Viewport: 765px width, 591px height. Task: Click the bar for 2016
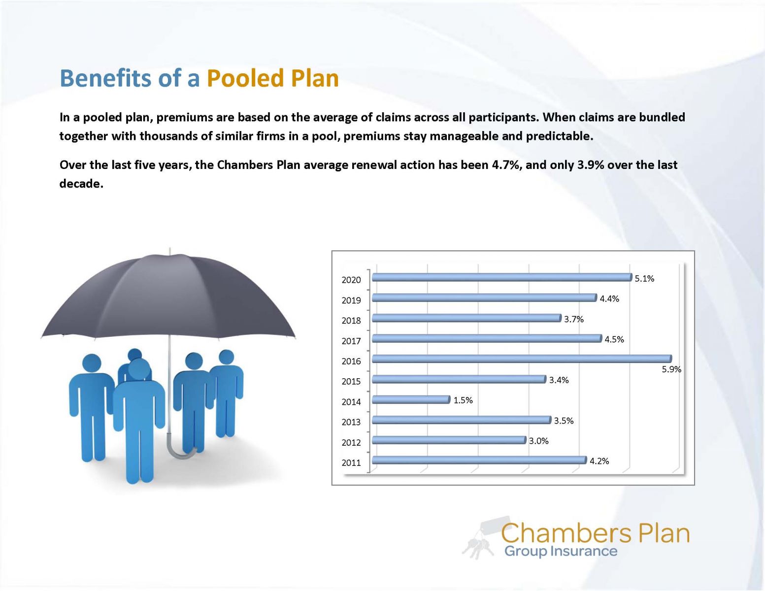(x=521, y=359)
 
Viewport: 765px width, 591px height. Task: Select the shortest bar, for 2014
(x=411, y=399)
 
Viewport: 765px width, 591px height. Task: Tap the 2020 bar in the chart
(x=501, y=277)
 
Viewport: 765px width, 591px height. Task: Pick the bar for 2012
(x=449, y=440)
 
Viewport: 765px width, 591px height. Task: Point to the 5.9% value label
(x=671, y=369)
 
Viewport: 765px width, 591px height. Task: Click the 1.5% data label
(x=463, y=400)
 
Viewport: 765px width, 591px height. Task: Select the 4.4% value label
(x=609, y=298)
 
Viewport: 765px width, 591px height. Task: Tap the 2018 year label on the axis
(x=351, y=321)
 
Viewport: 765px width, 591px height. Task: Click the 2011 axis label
(x=351, y=462)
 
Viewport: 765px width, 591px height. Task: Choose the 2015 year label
(x=351, y=381)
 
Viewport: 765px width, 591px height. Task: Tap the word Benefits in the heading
(x=105, y=78)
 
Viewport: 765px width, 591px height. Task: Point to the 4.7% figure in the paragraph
(x=506, y=164)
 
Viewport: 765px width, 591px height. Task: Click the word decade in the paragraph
(x=80, y=183)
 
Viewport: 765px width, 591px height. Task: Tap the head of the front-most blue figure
(x=139, y=369)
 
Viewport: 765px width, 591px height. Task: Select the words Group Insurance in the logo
(x=561, y=551)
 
